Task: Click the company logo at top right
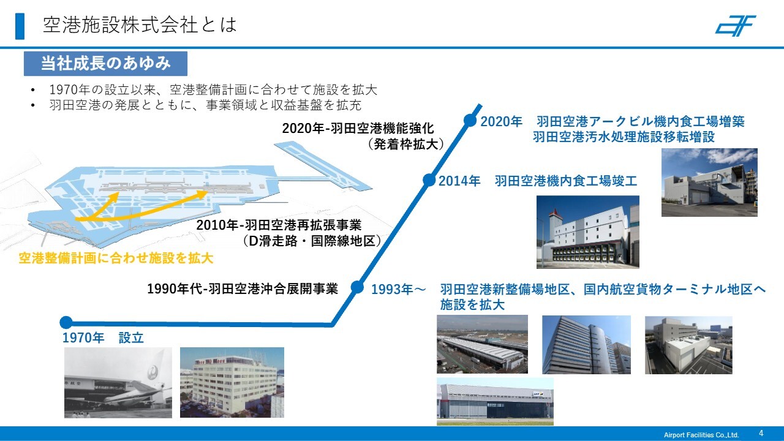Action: tap(735, 26)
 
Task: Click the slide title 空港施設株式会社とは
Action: tap(140, 25)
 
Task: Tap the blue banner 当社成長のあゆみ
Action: tap(105, 64)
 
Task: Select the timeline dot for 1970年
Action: tap(66, 322)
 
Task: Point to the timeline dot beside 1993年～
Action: tap(357, 287)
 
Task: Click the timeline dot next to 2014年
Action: tap(429, 180)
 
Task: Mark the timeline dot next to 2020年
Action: tap(470, 121)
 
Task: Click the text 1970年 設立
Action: tap(103, 337)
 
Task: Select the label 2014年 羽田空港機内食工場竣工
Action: tap(538, 181)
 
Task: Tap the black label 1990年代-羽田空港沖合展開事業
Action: tap(243, 288)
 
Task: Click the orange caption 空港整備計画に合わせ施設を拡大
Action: tap(116, 258)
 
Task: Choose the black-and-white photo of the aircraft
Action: tap(118, 383)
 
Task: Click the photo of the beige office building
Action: tap(232, 382)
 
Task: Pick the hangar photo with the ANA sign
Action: tap(495, 401)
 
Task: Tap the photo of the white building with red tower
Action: tap(587, 232)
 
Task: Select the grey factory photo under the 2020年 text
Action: tap(709, 183)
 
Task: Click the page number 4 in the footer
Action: tap(761, 433)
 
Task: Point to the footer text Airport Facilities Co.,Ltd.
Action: tap(701, 435)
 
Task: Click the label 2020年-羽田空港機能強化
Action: tap(358, 129)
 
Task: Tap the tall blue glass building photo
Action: tap(586, 345)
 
